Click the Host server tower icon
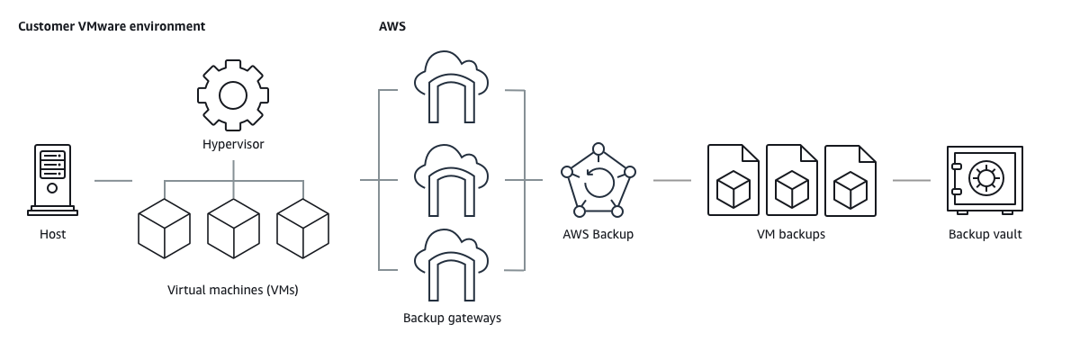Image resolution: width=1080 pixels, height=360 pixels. coord(52,180)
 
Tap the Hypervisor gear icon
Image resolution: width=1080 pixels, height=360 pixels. coord(233,94)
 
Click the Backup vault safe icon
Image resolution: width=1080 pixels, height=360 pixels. coord(985,180)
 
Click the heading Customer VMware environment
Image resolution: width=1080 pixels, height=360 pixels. coord(112,26)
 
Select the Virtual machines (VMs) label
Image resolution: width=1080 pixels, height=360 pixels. coord(233,291)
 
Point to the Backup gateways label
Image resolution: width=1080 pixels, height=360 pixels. coord(452,318)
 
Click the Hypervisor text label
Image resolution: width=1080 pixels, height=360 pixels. coord(233,144)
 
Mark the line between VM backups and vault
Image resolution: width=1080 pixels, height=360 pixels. coord(911,180)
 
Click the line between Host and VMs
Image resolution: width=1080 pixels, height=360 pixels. coord(112,180)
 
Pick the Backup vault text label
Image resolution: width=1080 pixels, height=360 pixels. coord(985,235)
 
